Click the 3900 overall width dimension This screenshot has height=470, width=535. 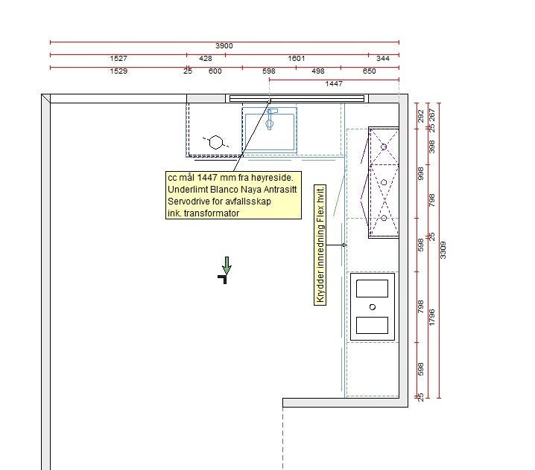coord(224,46)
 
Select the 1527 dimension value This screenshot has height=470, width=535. coord(118,59)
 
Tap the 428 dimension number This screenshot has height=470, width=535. coord(206,59)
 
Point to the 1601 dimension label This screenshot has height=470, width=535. coord(296,59)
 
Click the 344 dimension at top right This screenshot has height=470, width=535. coord(383,59)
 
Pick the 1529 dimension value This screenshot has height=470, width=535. coord(118,71)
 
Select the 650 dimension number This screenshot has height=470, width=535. coord(369,71)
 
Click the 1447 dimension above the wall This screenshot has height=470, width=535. coord(334,84)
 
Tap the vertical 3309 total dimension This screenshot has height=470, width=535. coord(443,250)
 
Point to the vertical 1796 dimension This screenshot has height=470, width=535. coord(431,317)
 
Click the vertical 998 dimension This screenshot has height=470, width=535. coord(421,173)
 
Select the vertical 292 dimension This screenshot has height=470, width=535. coord(421,116)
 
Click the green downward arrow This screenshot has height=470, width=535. coord(227,265)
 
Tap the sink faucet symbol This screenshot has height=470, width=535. coord(270,119)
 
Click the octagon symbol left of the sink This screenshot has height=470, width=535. coord(215,142)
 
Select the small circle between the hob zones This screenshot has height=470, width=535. coord(373,307)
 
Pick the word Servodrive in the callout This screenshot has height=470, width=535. coord(189,202)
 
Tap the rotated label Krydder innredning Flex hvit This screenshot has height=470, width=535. coord(320,245)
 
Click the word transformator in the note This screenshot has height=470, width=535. coord(212,213)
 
